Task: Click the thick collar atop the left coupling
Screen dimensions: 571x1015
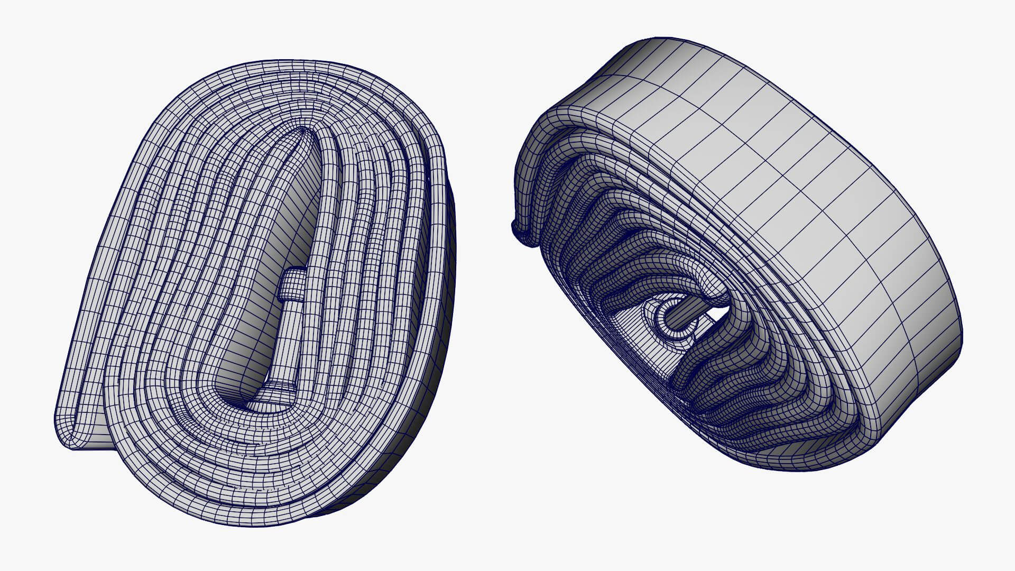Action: click(292, 285)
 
